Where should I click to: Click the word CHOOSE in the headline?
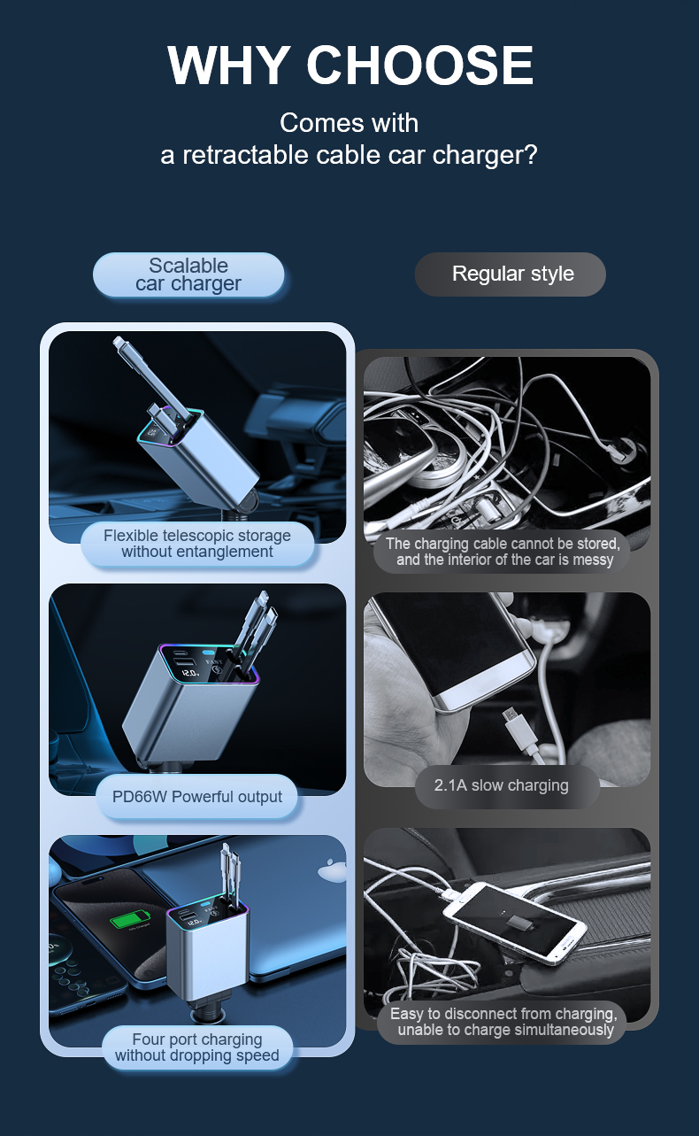420,65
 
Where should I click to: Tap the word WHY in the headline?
228,65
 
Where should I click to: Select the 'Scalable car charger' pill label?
188,274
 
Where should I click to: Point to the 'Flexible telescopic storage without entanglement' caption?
197,544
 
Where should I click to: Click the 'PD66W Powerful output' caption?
197,797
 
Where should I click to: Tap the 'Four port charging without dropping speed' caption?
197,1047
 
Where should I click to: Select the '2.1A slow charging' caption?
501,785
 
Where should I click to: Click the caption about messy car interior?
502,552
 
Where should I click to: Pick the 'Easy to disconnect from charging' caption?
504,1022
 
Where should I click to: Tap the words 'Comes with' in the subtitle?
349,123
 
